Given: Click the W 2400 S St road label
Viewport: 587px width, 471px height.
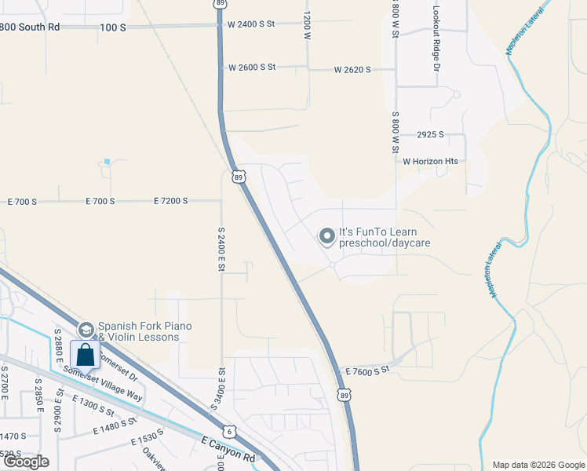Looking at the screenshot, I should pos(251,24).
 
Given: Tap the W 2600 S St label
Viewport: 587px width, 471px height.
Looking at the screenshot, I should pos(252,68).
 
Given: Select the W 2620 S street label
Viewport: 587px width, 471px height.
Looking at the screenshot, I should pos(352,70).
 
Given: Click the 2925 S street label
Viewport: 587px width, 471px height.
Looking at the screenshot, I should pos(431,135).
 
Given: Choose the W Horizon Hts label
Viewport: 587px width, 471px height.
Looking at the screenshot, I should pos(430,162).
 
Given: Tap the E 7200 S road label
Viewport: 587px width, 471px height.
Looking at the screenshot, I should pos(171,202).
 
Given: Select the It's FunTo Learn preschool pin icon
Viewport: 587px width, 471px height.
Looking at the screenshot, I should pos(326,235).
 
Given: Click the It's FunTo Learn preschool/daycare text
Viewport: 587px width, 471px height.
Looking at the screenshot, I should pos(384,238).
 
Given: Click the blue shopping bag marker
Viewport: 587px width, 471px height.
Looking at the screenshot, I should pos(85,354).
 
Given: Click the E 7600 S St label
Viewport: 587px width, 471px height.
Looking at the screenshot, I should pos(367,371).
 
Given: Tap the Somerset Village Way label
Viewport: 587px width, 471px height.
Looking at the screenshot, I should pos(103,385).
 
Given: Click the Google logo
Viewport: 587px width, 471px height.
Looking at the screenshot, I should pos(26,462).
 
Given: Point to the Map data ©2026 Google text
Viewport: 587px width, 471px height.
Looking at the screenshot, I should pos(538,465).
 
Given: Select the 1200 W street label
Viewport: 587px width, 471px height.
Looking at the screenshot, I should pos(307,24).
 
